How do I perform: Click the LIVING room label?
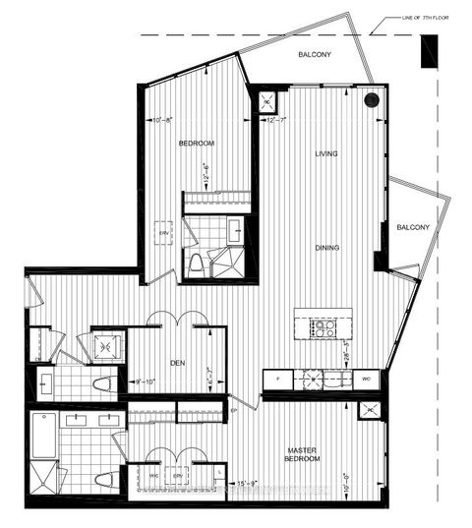point(327,154)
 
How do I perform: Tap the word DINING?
point(327,248)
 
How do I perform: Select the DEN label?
point(177,363)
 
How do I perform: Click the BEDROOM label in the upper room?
point(197,144)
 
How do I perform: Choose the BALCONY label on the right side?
point(413,227)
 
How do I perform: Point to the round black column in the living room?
point(371,99)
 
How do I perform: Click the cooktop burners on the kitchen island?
point(323,327)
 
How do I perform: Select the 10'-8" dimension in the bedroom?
point(164,121)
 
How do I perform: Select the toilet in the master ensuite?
point(103,481)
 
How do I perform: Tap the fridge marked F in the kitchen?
point(278,378)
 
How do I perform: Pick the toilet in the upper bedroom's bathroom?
point(195,262)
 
